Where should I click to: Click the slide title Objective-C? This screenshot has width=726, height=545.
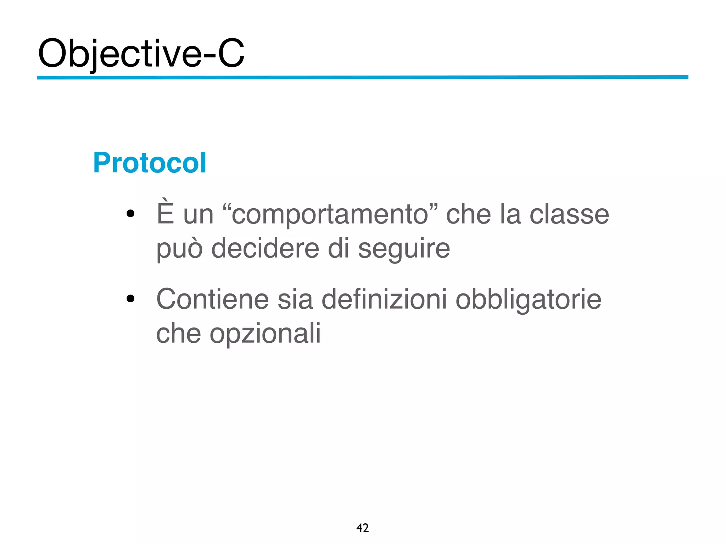pyautogui.click(x=141, y=53)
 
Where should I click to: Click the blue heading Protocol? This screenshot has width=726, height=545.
pyautogui.click(x=150, y=163)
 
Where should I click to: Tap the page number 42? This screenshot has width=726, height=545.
pyautogui.click(x=362, y=528)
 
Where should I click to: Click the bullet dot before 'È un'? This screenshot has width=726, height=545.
pyautogui.click(x=130, y=214)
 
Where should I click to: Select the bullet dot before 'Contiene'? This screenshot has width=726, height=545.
pyautogui.click(x=130, y=299)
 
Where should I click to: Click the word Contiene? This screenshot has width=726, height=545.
pyautogui.click(x=212, y=299)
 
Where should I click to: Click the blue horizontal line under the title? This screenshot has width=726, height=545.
pyautogui.click(x=362, y=77)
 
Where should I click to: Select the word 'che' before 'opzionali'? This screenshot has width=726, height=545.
pyautogui.click(x=178, y=333)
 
